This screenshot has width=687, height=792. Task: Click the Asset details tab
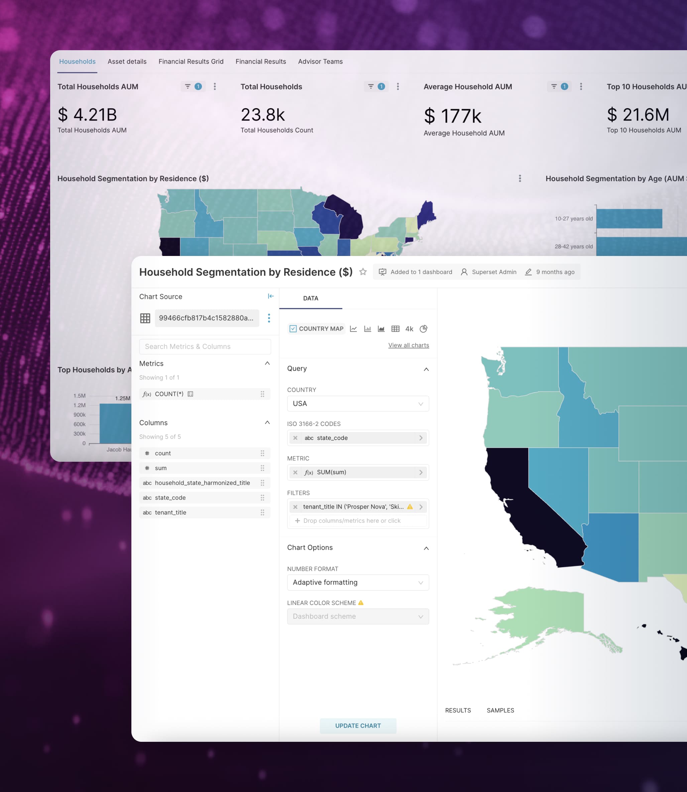coord(127,61)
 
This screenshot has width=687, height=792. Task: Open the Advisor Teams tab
coord(320,61)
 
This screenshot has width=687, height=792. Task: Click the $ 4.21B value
coord(87,115)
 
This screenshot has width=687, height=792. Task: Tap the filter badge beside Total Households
coord(376,87)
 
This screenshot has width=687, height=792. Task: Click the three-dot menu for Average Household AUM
coord(581,87)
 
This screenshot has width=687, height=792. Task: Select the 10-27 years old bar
coord(629,219)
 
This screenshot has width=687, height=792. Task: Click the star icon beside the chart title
coord(363,272)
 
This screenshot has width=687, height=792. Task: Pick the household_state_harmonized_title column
coord(202,483)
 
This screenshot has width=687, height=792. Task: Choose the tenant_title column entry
coord(170,512)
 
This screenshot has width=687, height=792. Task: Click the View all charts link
coord(408,345)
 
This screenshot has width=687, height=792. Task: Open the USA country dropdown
coord(358,404)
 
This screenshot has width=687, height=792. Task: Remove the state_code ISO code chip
coord(295,438)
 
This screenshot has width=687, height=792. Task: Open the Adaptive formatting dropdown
coord(358,583)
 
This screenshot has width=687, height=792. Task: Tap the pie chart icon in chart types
coord(423,329)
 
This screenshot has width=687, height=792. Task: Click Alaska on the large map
coord(541,618)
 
